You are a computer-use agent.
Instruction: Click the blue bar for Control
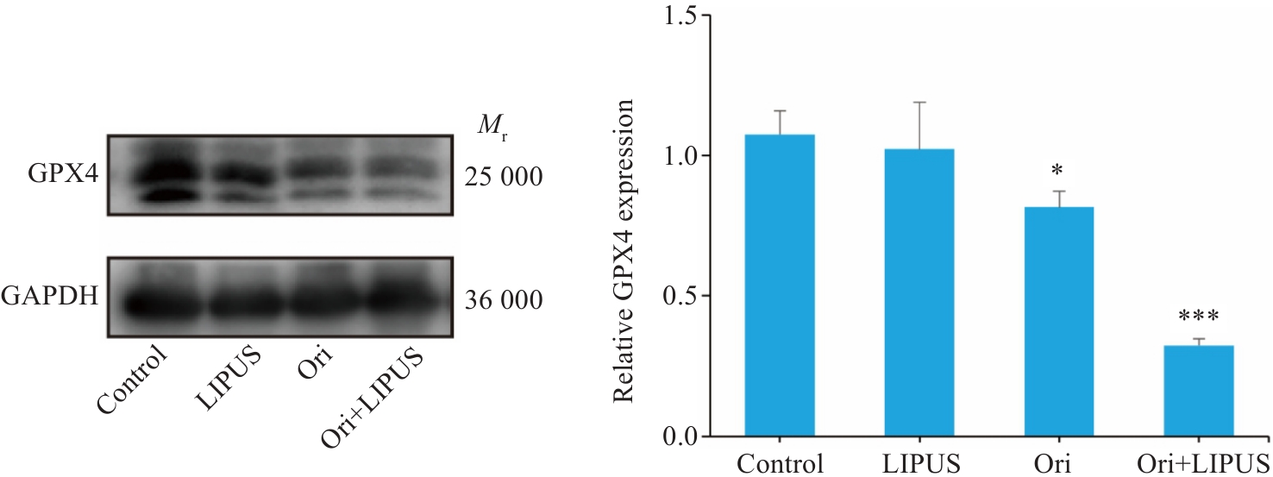pyautogui.click(x=780, y=285)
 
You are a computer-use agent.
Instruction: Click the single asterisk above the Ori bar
pyautogui.click(x=1057, y=168)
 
